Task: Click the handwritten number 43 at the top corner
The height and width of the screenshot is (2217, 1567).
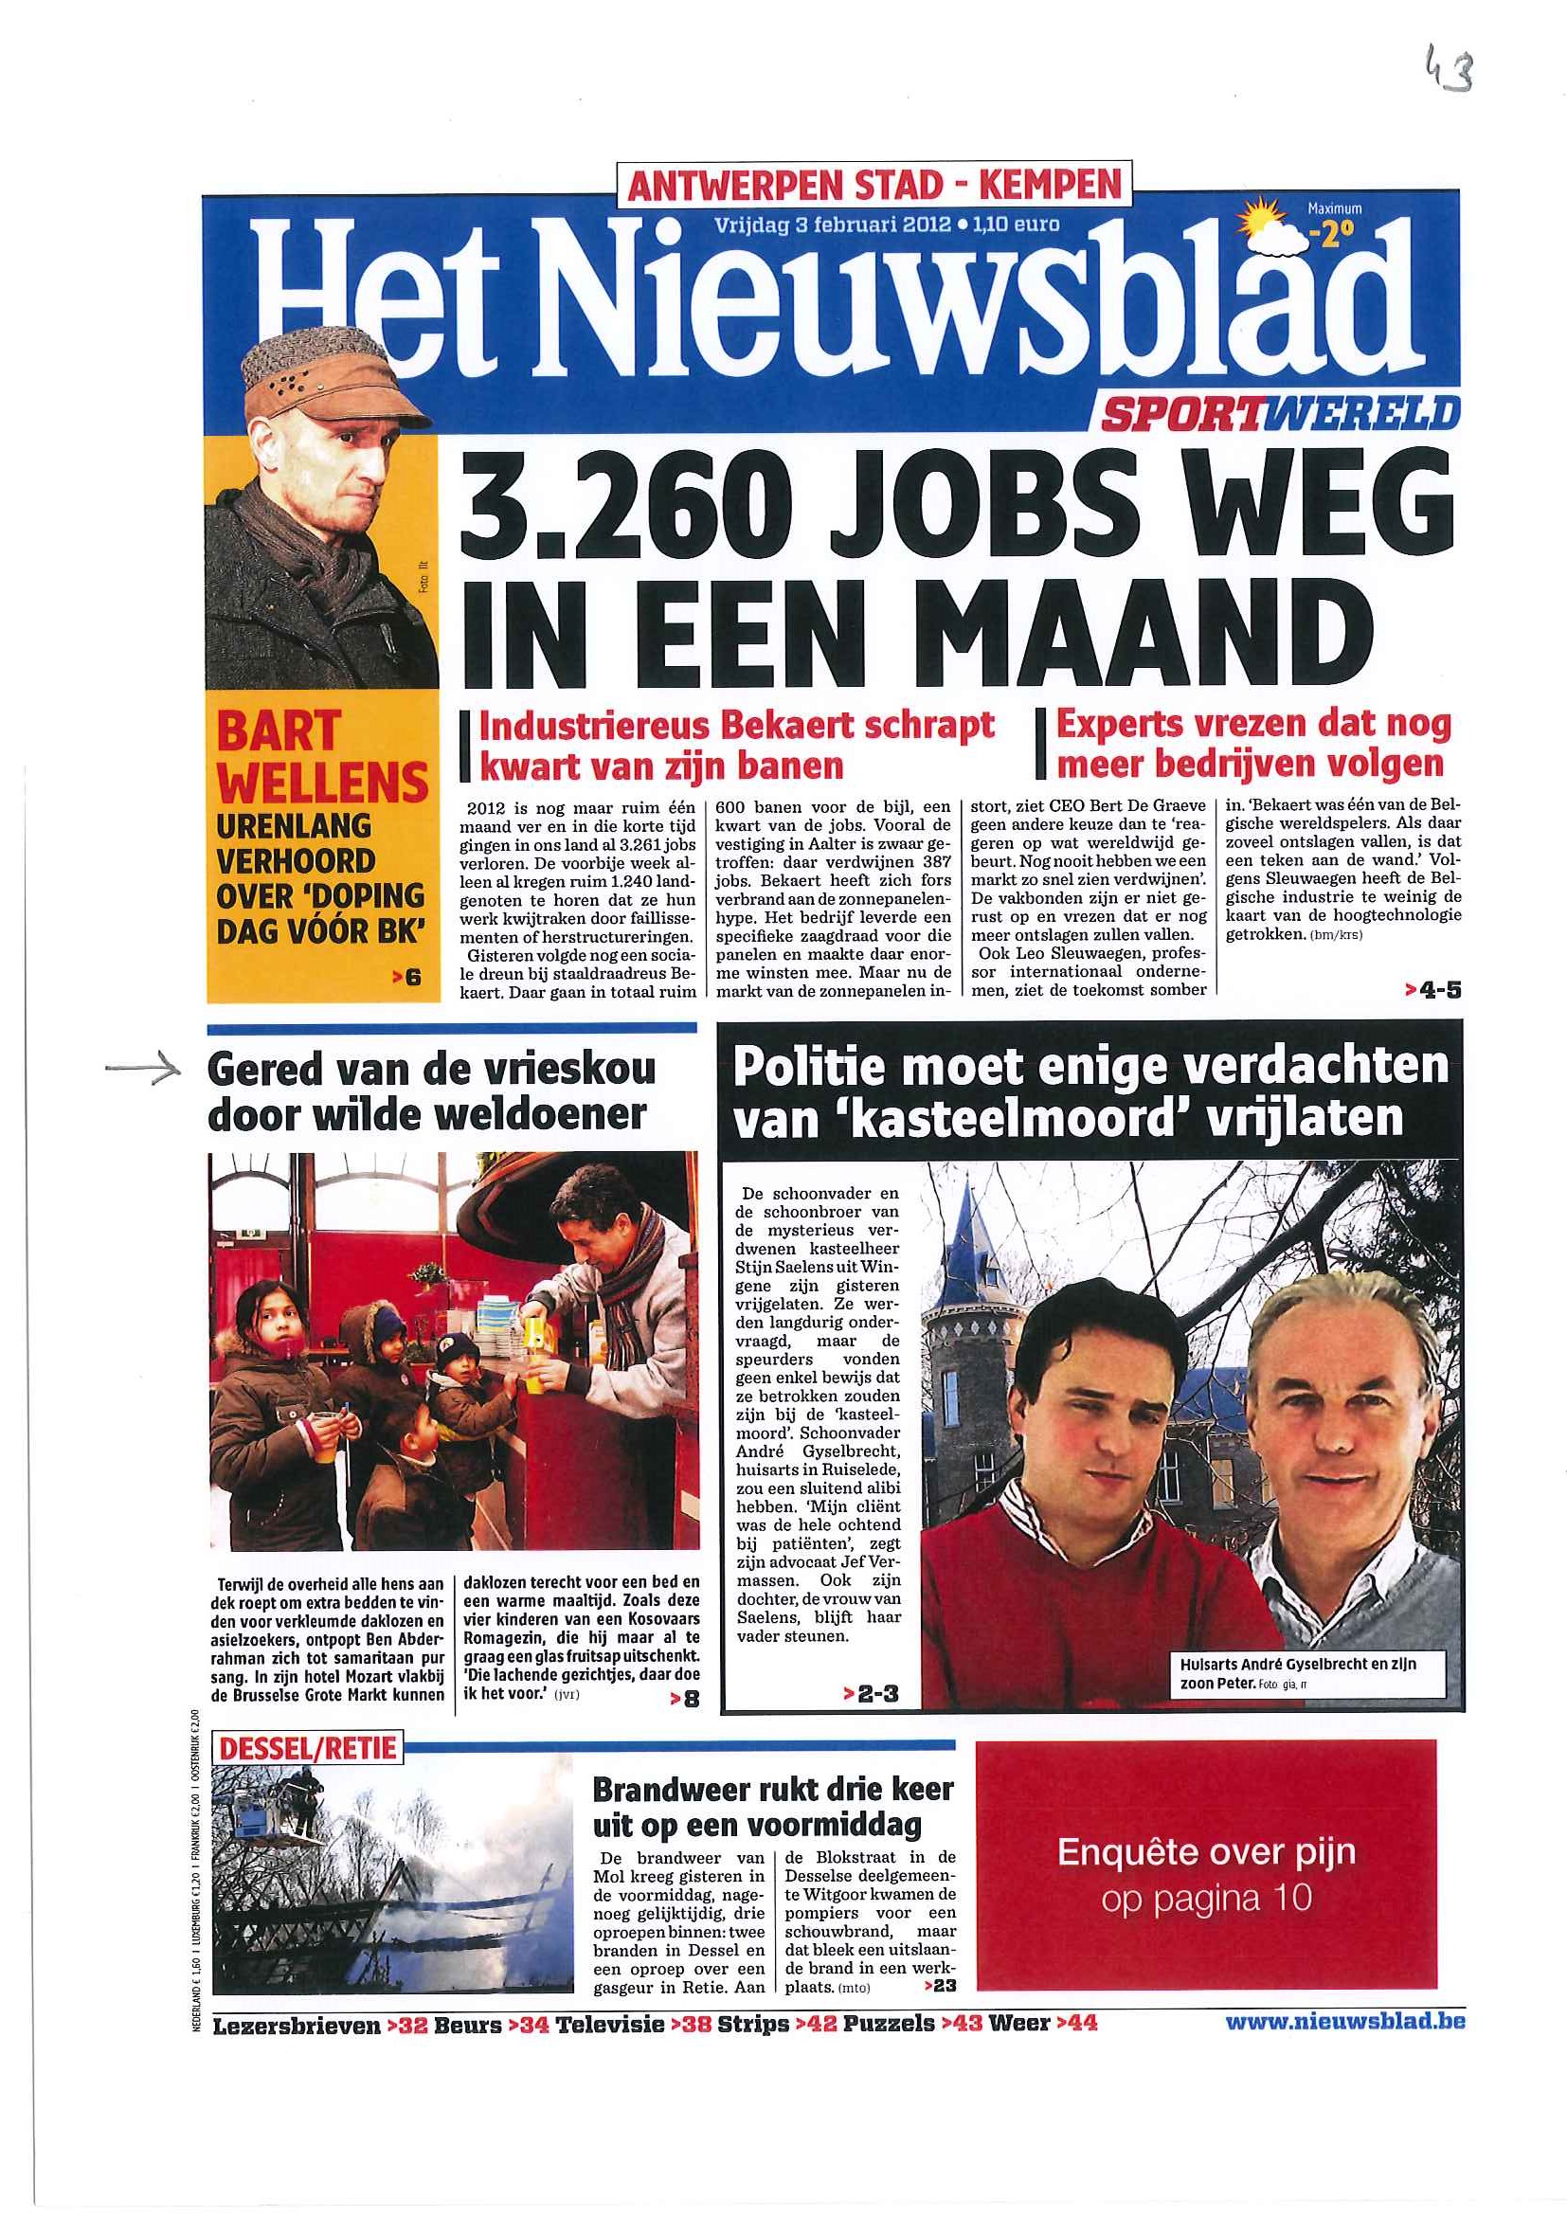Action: pos(1449,71)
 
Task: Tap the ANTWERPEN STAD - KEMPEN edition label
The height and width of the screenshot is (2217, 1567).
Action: pos(874,185)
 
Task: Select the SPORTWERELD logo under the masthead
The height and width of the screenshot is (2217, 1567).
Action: pos(1275,413)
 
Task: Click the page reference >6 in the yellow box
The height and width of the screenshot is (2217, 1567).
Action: pos(406,977)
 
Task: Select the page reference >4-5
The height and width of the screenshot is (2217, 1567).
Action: pos(1432,989)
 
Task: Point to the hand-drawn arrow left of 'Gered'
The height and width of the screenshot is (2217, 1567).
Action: pos(143,1067)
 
